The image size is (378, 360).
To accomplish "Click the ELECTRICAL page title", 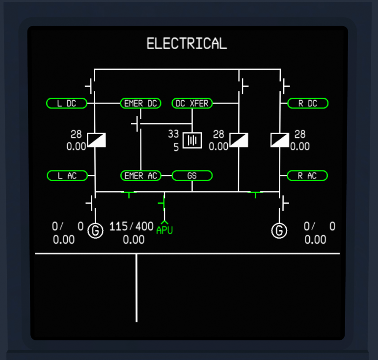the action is point(187,44).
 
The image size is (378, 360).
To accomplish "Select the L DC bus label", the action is point(67,104).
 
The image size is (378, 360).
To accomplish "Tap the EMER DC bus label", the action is point(140,104).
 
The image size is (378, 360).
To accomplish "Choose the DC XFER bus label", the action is point(192,104).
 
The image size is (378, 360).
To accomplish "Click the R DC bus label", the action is point(308,104).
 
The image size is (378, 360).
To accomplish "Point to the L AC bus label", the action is point(67,175).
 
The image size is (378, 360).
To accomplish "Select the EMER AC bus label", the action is point(141,175).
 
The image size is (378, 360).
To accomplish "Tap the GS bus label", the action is point(192,175).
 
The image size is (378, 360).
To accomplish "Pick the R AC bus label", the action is point(307,175).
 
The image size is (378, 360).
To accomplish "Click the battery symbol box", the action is point(192,140).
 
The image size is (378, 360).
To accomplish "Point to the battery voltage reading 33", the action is point(174,134).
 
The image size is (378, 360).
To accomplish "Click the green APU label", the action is point(164,230).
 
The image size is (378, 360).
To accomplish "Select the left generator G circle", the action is point(95,231).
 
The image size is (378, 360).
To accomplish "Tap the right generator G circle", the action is point(279,231).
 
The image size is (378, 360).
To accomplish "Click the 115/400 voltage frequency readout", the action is point(132,226).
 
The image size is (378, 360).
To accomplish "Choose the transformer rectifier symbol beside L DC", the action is point(96,140).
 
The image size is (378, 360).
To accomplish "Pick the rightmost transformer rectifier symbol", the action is point(280,140).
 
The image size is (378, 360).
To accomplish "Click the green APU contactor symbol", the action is point(162,203).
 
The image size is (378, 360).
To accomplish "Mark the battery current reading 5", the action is point(176,147).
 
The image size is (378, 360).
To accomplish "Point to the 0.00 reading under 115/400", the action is point(134,240).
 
